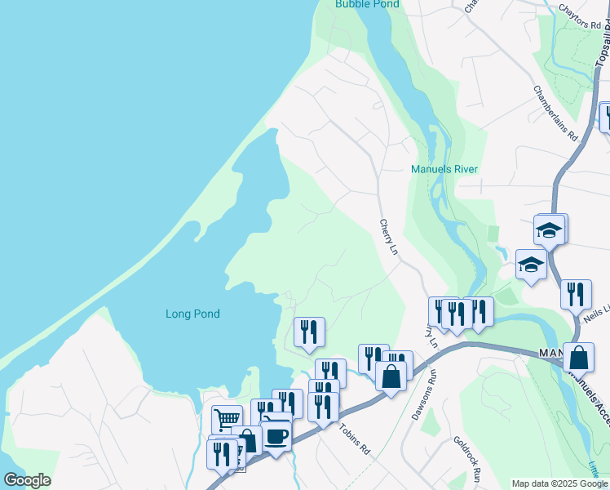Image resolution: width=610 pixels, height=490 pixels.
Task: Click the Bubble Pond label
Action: tap(367, 4)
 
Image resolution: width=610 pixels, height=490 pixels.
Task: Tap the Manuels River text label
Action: tap(443, 169)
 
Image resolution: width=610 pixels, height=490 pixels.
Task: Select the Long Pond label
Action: tap(192, 314)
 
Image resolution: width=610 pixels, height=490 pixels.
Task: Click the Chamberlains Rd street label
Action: tap(555, 113)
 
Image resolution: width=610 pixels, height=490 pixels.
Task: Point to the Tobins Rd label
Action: tap(356, 440)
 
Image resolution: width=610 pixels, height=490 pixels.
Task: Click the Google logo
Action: tap(27, 480)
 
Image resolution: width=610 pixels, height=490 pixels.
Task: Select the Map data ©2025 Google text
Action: tap(559, 483)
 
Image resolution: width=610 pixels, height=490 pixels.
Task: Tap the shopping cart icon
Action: tap(227, 420)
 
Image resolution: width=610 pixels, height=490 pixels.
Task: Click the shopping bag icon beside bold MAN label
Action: tap(578, 357)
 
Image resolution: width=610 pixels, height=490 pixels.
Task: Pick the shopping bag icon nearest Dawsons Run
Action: tap(391, 376)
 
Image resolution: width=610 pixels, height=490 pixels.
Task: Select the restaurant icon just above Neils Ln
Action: tap(576, 293)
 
